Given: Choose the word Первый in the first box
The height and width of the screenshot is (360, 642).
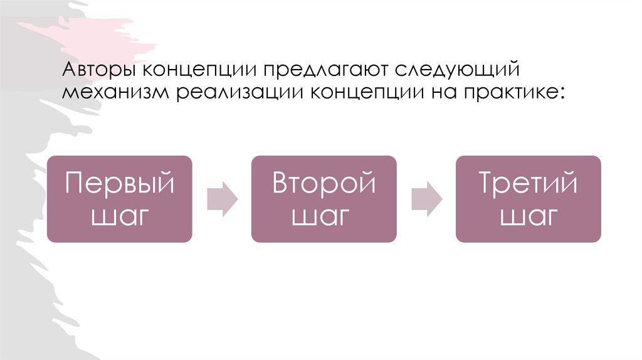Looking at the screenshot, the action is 119,184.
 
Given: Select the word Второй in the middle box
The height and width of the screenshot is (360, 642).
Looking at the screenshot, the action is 324,184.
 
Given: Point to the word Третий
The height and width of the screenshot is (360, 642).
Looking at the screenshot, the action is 528,184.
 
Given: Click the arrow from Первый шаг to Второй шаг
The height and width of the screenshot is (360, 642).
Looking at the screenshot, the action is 222,199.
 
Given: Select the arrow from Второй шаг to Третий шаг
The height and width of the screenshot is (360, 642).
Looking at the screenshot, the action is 426,199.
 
